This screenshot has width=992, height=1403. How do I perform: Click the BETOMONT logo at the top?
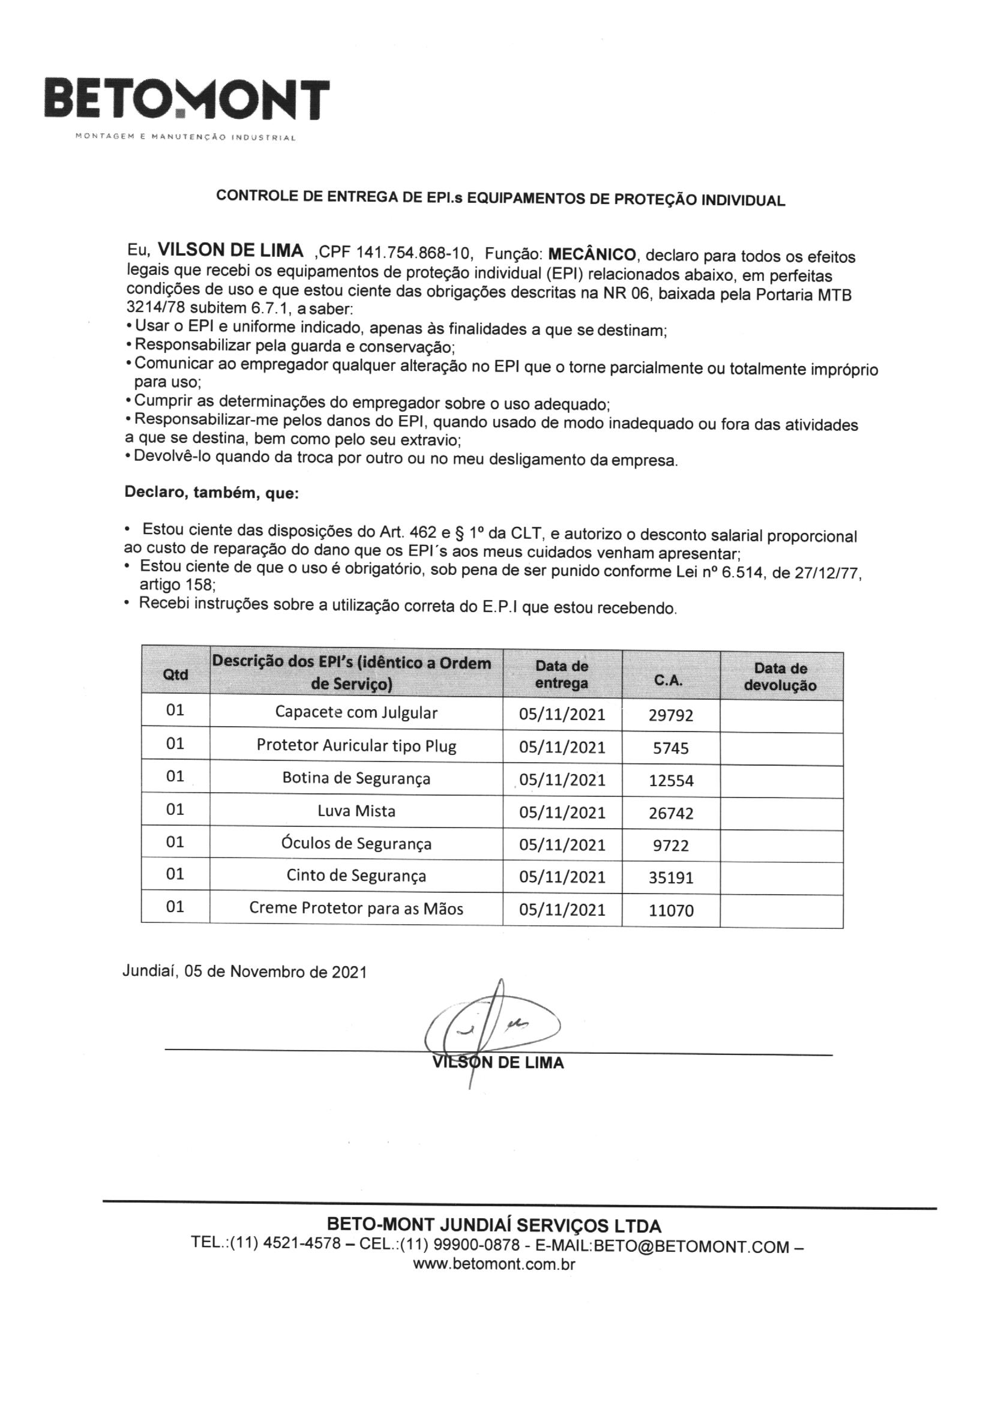(x=187, y=99)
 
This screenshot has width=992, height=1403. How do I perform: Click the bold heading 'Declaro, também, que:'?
(x=211, y=493)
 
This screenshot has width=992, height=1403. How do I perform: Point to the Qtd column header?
(x=175, y=674)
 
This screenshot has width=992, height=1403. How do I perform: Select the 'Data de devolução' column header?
(x=780, y=677)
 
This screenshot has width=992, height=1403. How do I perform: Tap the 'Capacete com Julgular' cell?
(x=356, y=712)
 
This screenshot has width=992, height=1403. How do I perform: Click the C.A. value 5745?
(x=670, y=748)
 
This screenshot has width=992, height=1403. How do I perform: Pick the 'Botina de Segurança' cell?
(x=356, y=778)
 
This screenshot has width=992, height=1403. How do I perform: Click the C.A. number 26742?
(x=670, y=813)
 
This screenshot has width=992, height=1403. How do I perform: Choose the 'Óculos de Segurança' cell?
(x=356, y=844)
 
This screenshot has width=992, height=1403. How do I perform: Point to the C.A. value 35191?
(x=670, y=878)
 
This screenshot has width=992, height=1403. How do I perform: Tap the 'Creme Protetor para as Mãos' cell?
(x=356, y=909)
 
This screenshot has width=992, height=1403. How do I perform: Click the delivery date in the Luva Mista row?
(x=562, y=813)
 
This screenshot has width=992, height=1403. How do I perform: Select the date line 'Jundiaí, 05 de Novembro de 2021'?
(x=244, y=972)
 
